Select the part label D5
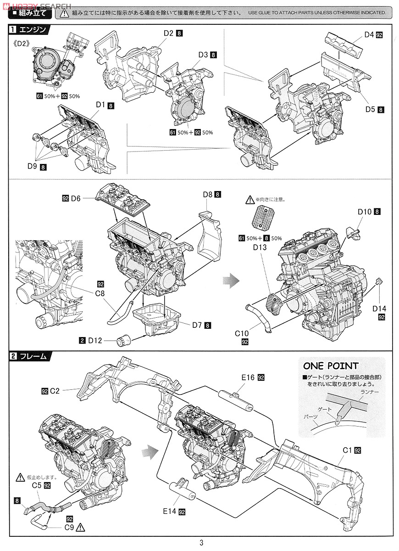coord(370,109)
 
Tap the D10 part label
coord(365,212)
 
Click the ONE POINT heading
coord(330,366)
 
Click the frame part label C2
coord(55,391)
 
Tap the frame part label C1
coord(346,450)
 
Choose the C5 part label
coord(37,485)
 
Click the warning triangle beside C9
coord(82,528)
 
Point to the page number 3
coord(201,543)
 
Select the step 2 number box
coord(14,356)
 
